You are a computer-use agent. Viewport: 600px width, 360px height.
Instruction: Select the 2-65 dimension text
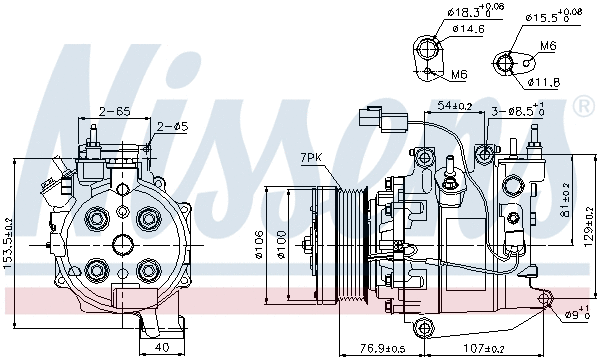click(113, 111)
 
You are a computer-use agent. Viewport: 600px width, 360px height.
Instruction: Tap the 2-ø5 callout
click(173, 126)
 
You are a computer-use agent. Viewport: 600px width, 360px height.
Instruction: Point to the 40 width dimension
click(161, 348)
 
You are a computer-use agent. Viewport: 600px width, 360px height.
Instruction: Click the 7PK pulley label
click(311, 158)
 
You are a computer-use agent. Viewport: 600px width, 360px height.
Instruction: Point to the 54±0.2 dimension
click(454, 105)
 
